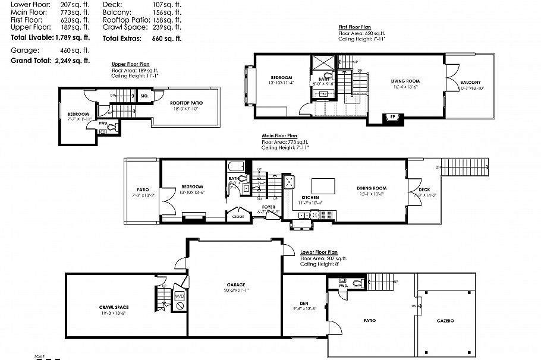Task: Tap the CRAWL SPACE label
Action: coord(114,307)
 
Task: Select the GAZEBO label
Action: coord(446,321)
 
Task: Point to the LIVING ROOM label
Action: coord(405,81)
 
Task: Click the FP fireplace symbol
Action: coord(393,116)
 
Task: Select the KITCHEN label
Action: coord(310,197)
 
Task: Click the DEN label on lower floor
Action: coord(304,304)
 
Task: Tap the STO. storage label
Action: coord(144,95)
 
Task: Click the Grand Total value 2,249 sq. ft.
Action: coord(73,61)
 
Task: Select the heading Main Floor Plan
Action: coord(279,135)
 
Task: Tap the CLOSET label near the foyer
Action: coord(238,217)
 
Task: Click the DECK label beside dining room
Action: coord(415,189)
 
